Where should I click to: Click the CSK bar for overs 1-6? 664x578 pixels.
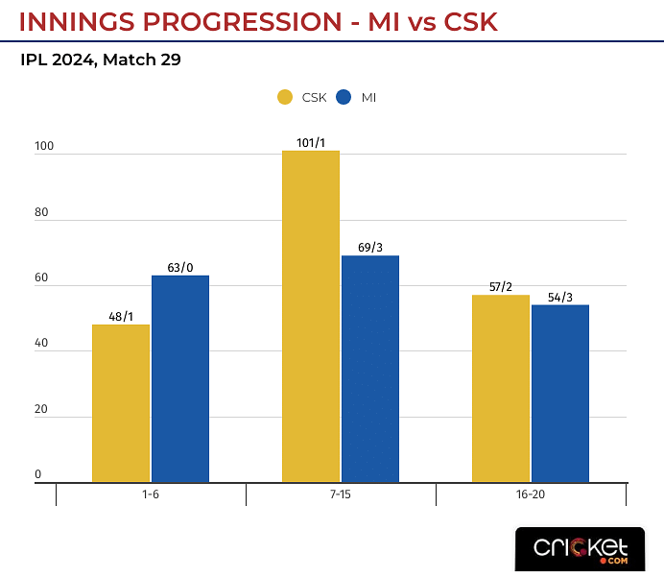[x=121, y=403]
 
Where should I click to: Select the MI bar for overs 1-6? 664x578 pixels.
[x=180, y=378]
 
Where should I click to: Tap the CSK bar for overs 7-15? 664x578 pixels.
[x=311, y=316]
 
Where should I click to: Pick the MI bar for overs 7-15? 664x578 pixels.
[x=370, y=369]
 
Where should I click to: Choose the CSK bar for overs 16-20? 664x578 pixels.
[x=501, y=388]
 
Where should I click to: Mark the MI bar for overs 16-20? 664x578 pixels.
[x=560, y=393]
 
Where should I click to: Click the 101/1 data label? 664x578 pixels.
[x=311, y=143]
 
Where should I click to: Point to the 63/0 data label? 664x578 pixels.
[x=180, y=268]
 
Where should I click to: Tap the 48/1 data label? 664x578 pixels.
[x=121, y=317]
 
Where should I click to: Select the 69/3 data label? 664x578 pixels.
[x=370, y=248]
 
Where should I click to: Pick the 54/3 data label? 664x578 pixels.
[x=560, y=297]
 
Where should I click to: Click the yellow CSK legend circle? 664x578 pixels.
[x=285, y=97]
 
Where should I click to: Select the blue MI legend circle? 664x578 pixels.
[x=344, y=97]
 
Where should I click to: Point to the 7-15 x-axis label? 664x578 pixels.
[x=341, y=496]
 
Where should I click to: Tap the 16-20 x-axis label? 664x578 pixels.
[x=531, y=496]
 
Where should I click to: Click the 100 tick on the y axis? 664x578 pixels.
[x=44, y=148]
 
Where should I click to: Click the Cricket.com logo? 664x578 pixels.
[x=581, y=548]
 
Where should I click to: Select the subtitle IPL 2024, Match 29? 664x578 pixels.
[x=101, y=60]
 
